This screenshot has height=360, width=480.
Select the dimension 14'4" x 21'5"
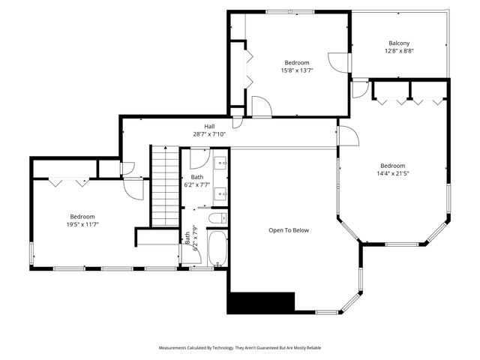point(392,173)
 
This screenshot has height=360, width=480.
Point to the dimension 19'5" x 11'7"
point(82,223)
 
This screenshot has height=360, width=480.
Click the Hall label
point(209,126)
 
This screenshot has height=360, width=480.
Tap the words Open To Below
point(289,230)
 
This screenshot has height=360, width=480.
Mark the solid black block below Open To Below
point(261,302)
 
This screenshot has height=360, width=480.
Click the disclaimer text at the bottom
point(239,348)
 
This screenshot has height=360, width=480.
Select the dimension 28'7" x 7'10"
point(209,134)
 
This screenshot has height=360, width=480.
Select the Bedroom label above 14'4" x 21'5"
point(392,166)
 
